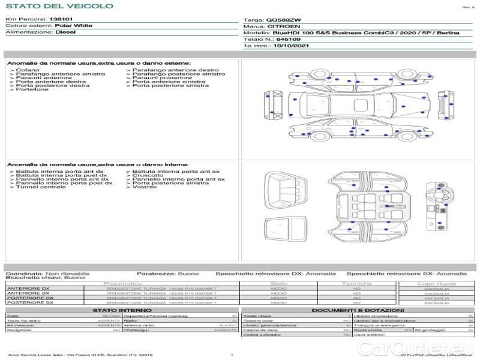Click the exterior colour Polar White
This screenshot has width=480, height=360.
(x=73, y=26)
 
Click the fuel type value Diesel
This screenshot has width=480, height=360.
(x=65, y=32)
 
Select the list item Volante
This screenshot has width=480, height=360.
(x=145, y=187)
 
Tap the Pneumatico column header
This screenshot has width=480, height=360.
(x=122, y=283)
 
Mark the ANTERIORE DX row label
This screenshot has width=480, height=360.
(x=28, y=289)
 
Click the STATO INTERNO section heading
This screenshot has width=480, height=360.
(x=118, y=310)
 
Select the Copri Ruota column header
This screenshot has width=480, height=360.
(x=436, y=284)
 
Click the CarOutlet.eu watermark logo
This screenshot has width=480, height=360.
(x=427, y=347)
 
